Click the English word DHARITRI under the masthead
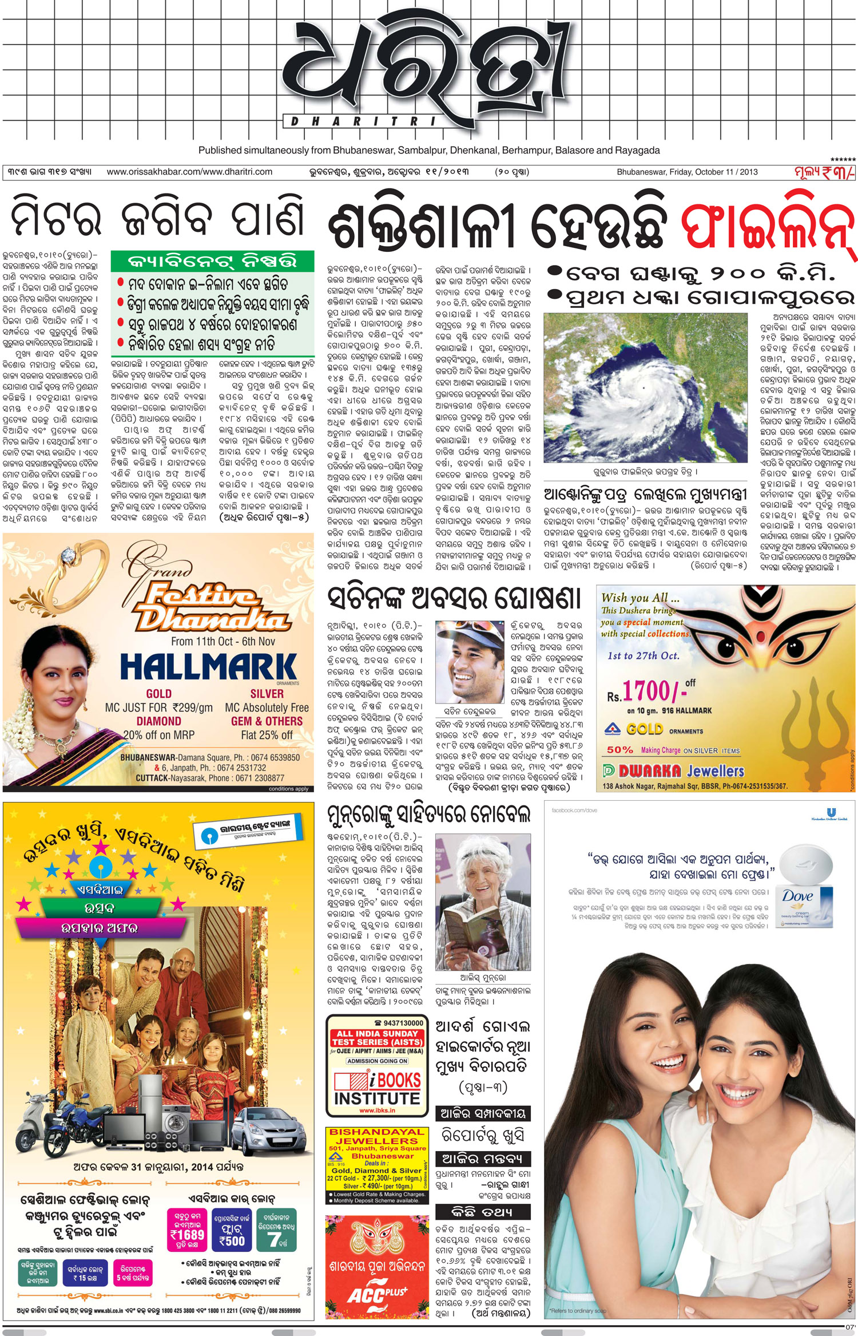(x=364, y=121)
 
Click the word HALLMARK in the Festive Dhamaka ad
(x=208, y=667)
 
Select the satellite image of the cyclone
(x=645, y=388)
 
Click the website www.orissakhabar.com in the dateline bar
(x=189, y=172)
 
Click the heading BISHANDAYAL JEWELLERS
(x=376, y=1136)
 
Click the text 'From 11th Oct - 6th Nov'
(x=223, y=642)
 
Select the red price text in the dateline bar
(x=824, y=172)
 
